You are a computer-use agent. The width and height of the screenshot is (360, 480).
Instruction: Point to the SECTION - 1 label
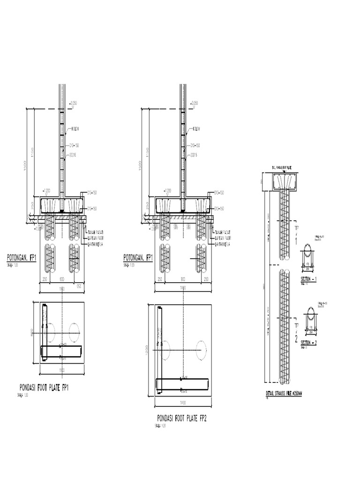pyautogui.click(x=309, y=279)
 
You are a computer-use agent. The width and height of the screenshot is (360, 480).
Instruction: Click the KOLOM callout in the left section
pyautogui.click(x=75, y=128)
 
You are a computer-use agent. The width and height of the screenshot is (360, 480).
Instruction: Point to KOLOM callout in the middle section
pyautogui.click(x=195, y=128)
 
